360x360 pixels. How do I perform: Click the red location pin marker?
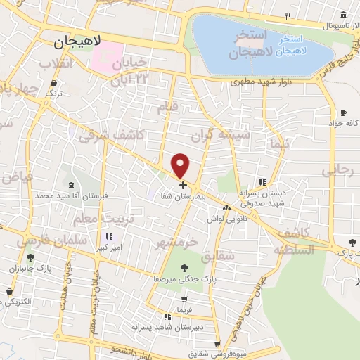pyautogui.click(x=181, y=165)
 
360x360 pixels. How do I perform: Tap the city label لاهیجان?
pyautogui.click(x=78, y=42)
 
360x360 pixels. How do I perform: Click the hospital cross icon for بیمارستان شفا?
pyautogui.click(x=184, y=186)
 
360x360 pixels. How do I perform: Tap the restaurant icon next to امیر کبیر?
pyautogui.click(x=109, y=236)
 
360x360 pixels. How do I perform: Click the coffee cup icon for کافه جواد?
pyautogui.click(x=343, y=112)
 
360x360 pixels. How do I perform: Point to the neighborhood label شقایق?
pyautogui.click(x=217, y=257)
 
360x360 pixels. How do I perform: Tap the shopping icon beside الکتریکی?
pyautogui.click(x=10, y=291)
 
